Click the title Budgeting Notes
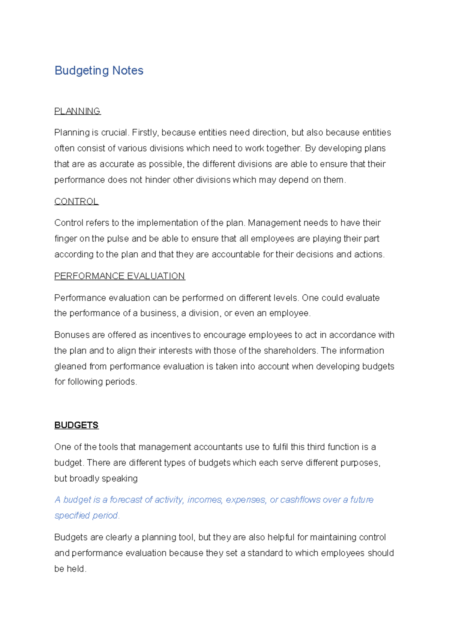(99, 70)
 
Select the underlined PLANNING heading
(77, 111)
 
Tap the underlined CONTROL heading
(76, 201)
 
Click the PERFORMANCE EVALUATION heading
(119, 276)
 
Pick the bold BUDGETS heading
(76, 425)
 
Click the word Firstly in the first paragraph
(145, 133)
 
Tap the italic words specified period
(86, 516)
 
